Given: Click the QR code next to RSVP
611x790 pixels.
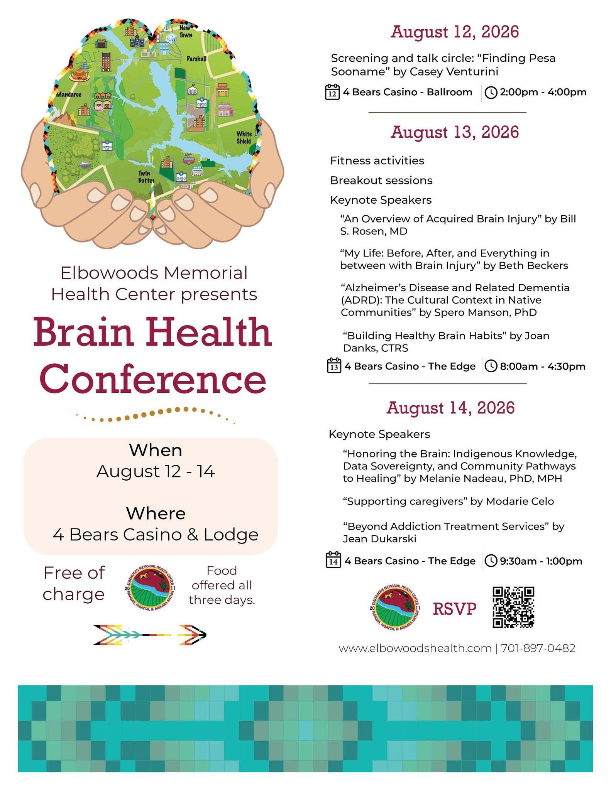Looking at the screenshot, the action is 513,608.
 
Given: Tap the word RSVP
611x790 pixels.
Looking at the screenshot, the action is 455,609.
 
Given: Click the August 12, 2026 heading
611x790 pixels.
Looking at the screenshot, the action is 455,32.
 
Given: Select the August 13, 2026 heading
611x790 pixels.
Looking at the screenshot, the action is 455,132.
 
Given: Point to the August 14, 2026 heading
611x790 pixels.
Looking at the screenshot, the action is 450,407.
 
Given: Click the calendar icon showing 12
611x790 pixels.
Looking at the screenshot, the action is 332,92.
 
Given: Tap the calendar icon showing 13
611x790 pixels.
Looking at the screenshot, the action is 334,366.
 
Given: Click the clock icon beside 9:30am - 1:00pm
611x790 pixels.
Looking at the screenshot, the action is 491,560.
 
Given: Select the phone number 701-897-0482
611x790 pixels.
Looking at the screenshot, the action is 538,648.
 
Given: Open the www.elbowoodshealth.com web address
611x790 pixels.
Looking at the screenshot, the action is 415,648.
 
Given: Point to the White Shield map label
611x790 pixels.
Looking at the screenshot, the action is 244,137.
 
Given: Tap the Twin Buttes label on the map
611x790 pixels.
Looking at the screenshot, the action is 146,177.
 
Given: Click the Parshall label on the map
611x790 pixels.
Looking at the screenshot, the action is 196,59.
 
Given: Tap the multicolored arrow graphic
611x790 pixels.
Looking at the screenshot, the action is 150,635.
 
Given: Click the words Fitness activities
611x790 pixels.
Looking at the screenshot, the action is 377,160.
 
